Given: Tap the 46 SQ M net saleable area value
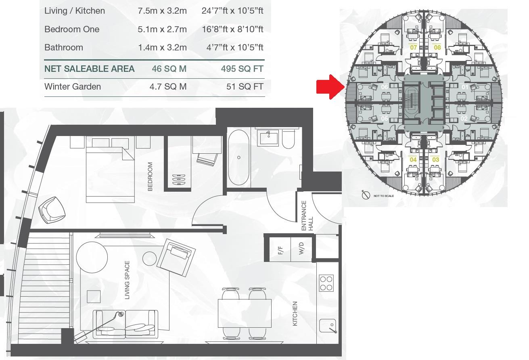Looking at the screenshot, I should (169, 69).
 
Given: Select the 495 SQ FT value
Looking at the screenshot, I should (242, 69).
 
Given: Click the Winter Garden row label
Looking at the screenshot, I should (73, 86).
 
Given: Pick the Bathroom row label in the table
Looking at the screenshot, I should (64, 47).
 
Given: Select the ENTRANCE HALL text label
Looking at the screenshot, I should (307, 216).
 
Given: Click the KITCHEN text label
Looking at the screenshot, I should (295, 314).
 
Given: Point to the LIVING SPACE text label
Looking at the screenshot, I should (127, 280).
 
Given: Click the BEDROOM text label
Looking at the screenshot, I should (150, 176).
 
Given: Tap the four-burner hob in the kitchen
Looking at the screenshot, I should (326, 283).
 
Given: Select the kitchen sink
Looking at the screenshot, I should (327, 325).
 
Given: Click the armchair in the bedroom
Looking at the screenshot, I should (51, 209).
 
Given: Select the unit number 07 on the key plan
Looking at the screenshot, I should (413, 47).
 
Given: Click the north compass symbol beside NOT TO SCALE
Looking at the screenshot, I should (366, 195).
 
